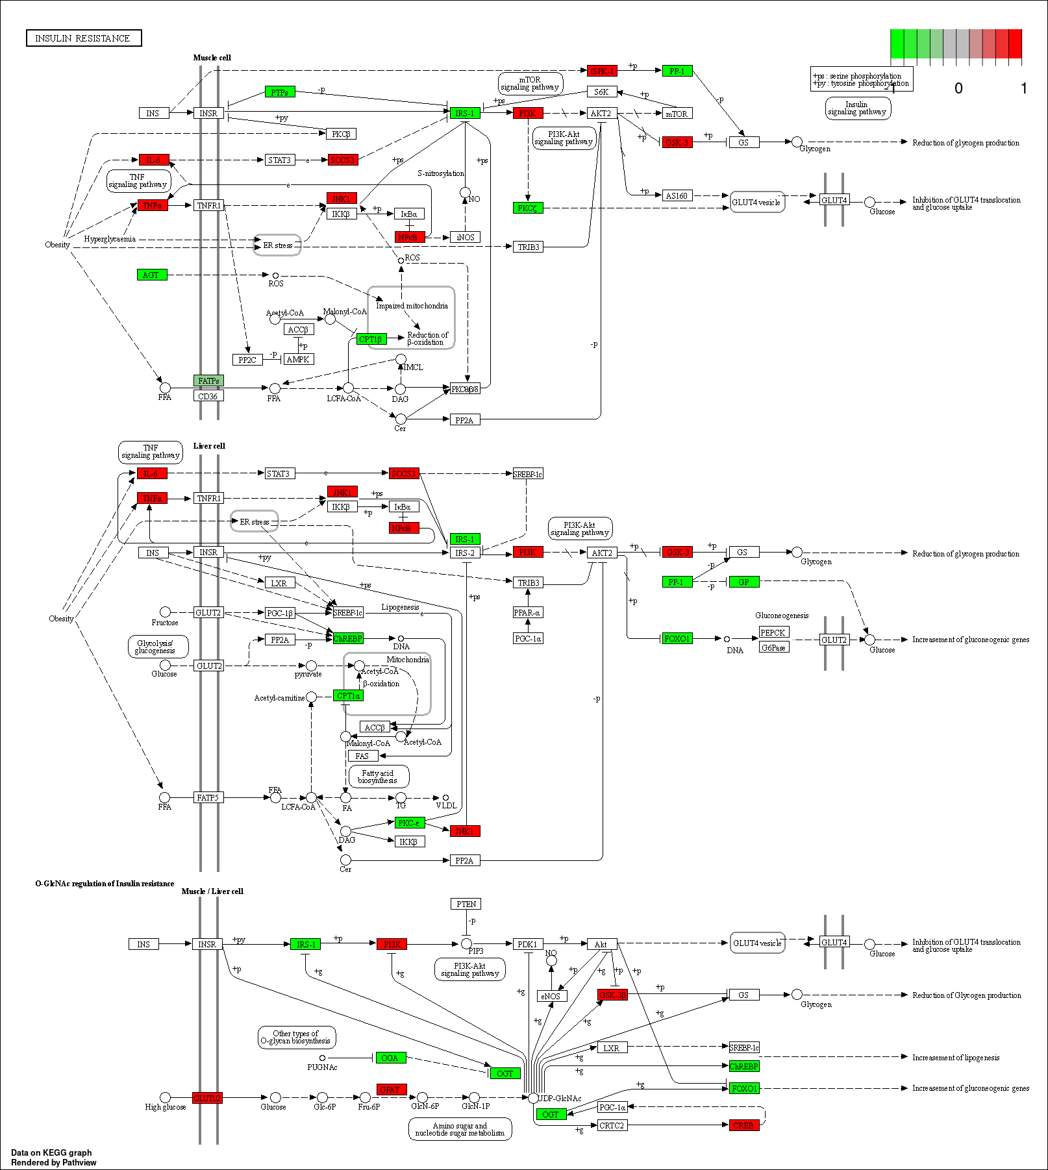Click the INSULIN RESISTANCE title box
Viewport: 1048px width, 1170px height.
coord(84,38)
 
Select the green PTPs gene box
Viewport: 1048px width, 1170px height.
coord(280,92)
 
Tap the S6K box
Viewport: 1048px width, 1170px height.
coord(601,92)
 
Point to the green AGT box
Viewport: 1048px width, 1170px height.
coord(152,275)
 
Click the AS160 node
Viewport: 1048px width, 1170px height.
coord(677,195)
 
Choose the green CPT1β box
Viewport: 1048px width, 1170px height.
coord(371,339)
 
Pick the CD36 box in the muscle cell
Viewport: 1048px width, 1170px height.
coord(208,396)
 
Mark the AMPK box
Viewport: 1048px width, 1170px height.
coord(298,359)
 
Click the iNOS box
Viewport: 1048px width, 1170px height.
coord(465,237)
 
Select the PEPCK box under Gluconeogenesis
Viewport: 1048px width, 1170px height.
coord(773,632)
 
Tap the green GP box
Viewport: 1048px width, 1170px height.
coord(743,582)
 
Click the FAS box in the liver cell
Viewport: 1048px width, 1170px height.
coord(362,756)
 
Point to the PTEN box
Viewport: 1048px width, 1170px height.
coord(466,904)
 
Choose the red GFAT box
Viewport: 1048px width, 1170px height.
coord(391,1089)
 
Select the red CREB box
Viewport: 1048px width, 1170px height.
coord(743,1125)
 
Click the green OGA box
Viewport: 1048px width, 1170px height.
coord(390,1058)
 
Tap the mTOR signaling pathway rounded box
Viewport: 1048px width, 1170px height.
coord(530,83)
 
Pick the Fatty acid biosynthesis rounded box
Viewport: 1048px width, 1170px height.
coord(379,777)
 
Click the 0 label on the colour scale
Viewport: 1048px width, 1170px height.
coord(958,88)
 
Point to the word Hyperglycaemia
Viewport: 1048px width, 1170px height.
coord(110,239)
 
